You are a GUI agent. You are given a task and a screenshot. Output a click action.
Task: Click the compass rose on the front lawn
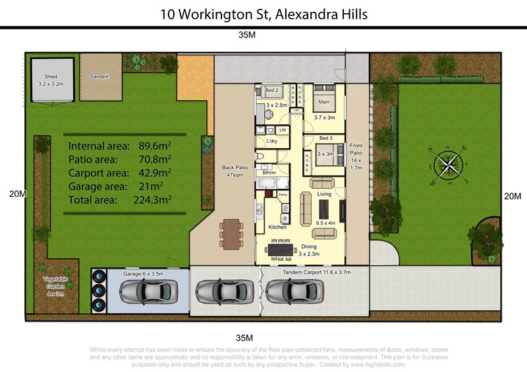pyautogui.click(x=447, y=165)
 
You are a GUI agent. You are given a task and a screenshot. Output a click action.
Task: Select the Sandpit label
pyautogui.click(x=99, y=77)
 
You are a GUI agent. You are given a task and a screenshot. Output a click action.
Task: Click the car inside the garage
pyautogui.click(x=148, y=290)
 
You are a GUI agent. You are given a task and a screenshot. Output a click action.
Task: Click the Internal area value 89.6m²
pyautogui.click(x=151, y=146)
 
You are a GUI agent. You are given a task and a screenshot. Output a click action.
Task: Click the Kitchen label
pyautogui.click(x=277, y=227)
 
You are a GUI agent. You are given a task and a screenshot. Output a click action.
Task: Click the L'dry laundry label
pyautogui.click(x=271, y=142)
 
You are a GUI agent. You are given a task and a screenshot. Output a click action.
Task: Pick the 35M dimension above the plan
pyautogui.click(x=246, y=35)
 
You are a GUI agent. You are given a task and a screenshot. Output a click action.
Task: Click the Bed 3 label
pyautogui.click(x=325, y=138)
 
